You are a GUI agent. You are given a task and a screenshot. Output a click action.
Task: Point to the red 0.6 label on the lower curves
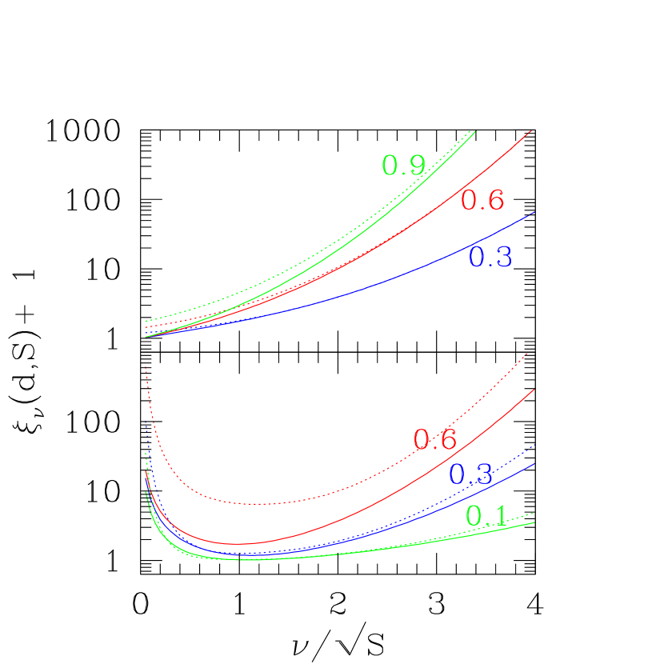435,439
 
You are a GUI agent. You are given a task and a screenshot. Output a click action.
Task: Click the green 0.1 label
486,517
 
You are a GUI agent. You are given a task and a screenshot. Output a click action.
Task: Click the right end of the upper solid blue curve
534,213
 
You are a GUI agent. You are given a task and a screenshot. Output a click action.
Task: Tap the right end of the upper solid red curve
531,130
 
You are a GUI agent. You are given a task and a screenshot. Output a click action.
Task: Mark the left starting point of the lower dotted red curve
146,366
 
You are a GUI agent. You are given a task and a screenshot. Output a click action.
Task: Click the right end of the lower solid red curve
534,390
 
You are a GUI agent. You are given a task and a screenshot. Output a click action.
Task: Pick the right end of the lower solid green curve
534,522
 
